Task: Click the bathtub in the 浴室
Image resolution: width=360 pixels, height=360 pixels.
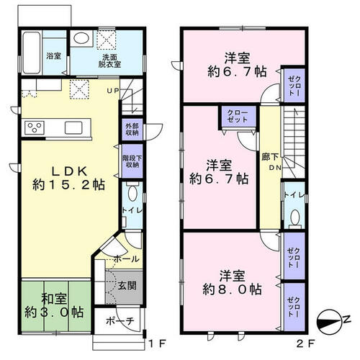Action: [32, 53]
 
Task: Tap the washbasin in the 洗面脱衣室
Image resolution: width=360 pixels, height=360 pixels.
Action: [81, 38]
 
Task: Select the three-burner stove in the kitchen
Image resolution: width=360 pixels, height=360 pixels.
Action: [35, 127]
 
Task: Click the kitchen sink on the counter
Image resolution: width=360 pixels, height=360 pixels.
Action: [73, 127]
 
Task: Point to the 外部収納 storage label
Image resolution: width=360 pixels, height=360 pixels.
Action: [132, 129]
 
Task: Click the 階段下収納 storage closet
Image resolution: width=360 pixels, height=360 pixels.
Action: [132, 161]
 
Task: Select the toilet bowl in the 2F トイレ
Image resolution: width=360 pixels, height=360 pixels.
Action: [294, 217]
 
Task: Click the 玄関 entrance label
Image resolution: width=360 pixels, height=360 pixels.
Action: [127, 286]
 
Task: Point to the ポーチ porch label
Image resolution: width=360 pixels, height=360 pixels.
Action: [120, 320]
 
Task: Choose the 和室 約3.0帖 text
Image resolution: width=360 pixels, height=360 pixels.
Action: [54, 305]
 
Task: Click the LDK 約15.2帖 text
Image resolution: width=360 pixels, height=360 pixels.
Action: [69, 178]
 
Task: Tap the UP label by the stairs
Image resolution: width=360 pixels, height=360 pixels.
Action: [112, 91]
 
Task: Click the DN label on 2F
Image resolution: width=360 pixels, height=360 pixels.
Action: [275, 168]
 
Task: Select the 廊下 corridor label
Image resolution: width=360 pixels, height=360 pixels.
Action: [269, 157]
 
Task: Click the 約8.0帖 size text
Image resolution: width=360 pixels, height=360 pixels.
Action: [232, 289]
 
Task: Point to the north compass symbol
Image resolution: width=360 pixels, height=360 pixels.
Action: [330, 321]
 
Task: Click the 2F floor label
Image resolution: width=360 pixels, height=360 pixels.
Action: [305, 344]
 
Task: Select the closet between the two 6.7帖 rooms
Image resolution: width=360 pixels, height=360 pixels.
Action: [238, 117]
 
